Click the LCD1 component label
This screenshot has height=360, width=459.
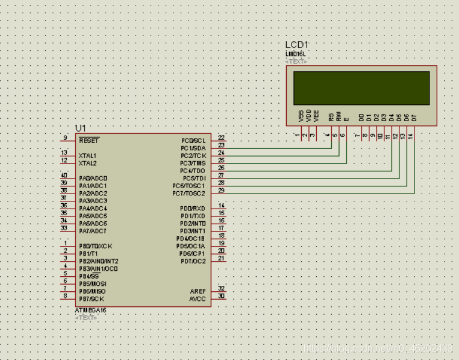point(297,45)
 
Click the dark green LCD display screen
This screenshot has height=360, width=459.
point(361,88)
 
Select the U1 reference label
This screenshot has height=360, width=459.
point(81,128)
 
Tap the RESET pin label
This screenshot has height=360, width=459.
point(89,141)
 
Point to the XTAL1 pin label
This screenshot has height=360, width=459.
point(87,156)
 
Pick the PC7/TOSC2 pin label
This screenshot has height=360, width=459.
point(189,194)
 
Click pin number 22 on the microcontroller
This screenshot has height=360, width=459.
point(221,138)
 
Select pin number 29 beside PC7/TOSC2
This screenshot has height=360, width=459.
point(221,191)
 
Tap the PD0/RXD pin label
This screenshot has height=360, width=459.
point(192,209)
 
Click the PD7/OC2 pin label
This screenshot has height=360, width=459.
point(192,261)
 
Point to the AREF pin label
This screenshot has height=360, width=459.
point(198,291)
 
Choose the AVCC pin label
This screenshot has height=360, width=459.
point(198,299)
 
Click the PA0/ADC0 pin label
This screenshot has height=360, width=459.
point(93,178)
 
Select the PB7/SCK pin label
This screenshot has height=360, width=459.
point(92,299)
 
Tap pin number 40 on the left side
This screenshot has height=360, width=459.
point(64,175)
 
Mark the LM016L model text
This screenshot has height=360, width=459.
point(296,55)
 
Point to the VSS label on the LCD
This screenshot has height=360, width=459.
point(301,115)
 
